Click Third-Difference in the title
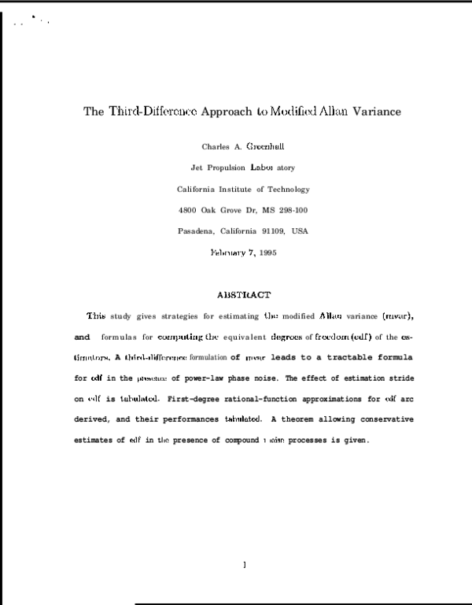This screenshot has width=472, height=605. [x=152, y=111]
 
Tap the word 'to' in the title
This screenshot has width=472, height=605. [x=262, y=111]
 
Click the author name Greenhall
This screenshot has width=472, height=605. [x=265, y=146]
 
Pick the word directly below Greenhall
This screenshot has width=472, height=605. [x=261, y=167]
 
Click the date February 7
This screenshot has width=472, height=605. [x=232, y=253]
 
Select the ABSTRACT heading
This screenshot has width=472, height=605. [x=244, y=294]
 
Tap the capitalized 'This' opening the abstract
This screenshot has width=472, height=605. [x=96, y=316]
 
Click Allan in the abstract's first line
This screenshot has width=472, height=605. [x=330, y=316]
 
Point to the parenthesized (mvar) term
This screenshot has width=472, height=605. [x=397, y=316]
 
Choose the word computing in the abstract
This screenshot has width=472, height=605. [x=180, y=337]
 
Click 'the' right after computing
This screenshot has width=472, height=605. [x=212, y=337]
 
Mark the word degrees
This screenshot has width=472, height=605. [x=286, y=337]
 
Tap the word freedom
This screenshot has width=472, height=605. [x=332, y=337]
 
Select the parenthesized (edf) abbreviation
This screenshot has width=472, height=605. [x=362, y=337]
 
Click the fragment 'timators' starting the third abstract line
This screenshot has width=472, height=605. [x=91, y=357]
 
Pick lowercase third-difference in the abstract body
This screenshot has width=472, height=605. [x=156, y=357]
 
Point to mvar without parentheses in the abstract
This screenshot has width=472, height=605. [x=256, y=358]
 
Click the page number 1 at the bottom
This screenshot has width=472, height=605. [x=245, y=564]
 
